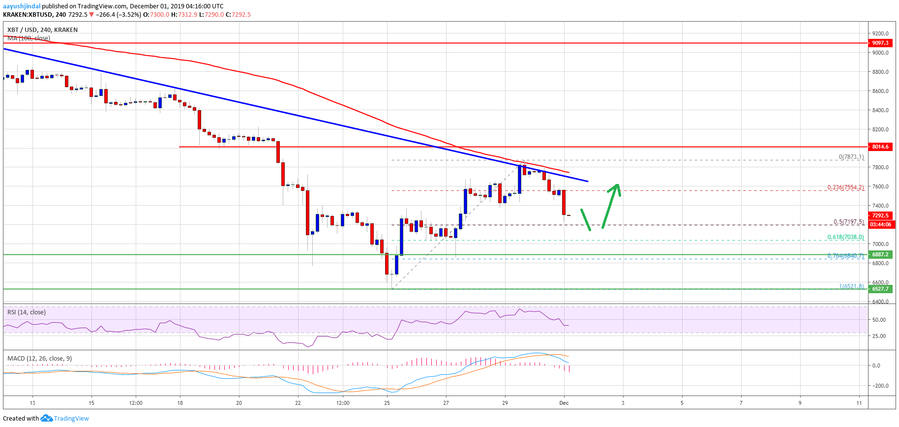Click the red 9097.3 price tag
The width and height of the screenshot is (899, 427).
[x=880, y=43]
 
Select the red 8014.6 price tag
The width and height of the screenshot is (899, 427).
[x=880, y=147]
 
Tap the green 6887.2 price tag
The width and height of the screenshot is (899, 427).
[x=880, y=254]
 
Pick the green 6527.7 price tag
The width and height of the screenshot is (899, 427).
[x=880, y=289]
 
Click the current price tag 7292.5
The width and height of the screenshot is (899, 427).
[x=880, y=215]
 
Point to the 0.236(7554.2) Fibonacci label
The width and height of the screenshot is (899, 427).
[x=845, y=187]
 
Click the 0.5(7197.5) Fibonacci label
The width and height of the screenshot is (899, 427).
[x=848, y=222]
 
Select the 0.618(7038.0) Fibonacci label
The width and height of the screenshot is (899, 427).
[x=845, y=237]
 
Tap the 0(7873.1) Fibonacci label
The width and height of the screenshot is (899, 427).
[x=851, y=157]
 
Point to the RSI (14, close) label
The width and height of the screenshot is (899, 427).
[x=27, y=312]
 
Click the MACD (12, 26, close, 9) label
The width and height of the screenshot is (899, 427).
[x=39, y=358]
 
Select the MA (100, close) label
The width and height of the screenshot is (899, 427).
[x=29, y=38]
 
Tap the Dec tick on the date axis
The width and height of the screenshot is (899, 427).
[x=564, y=403]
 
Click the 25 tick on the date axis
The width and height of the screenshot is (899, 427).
[x=387, y=403]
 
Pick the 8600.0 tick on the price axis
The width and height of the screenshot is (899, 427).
[x=880, y=91]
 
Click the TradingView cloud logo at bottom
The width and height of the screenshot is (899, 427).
[x=46, y=418]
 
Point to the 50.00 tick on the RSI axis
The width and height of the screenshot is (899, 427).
[x=879, y=320]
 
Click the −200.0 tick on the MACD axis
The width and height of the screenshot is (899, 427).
[x=879, y=386]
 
